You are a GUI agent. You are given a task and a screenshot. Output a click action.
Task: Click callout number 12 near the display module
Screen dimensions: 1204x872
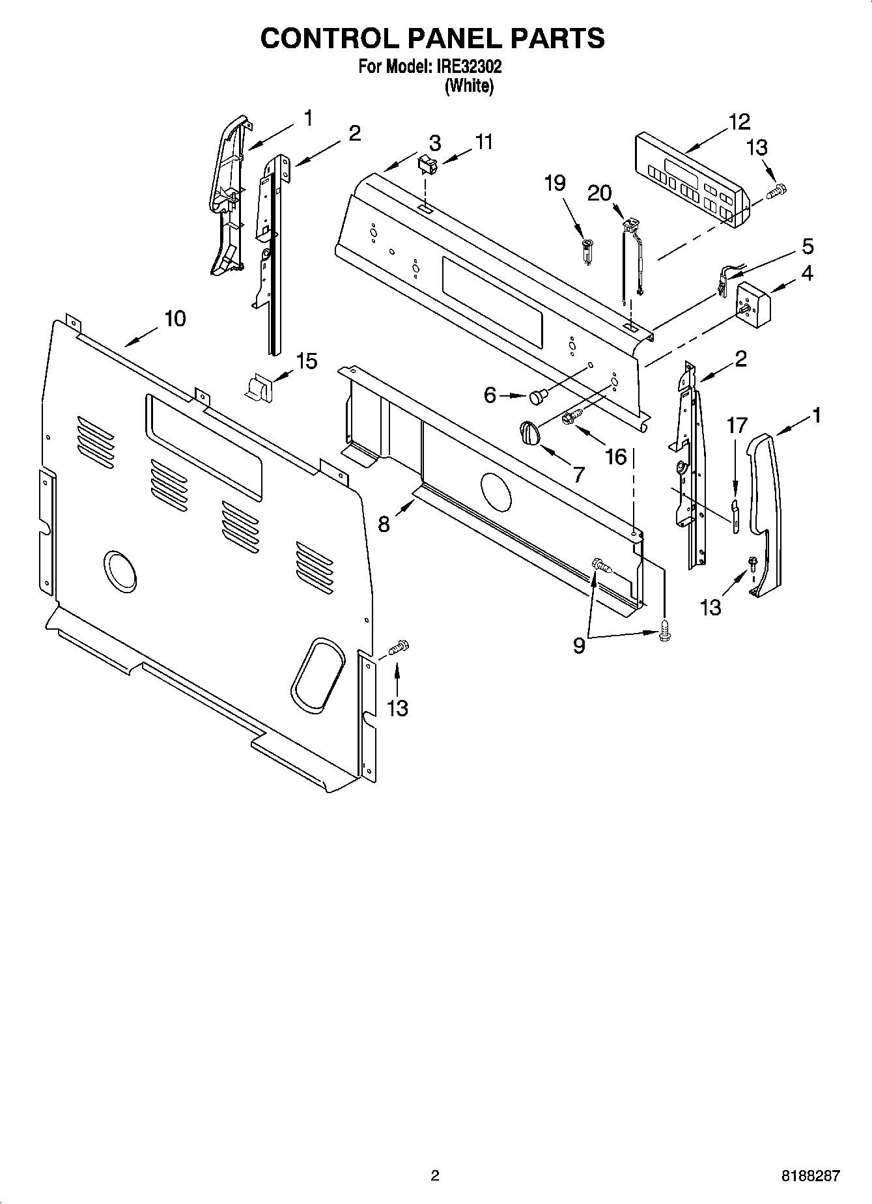(x=739, y=122)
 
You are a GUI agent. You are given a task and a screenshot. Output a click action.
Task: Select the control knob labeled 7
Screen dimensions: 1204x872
(x=530, y=433)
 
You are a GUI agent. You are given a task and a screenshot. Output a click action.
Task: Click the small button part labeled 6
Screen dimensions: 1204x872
(x=538, y=395)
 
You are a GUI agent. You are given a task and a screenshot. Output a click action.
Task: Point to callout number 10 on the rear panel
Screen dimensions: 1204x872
(x=175, y=319)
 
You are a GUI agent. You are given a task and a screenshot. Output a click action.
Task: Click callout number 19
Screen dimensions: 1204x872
(x=555, y=184)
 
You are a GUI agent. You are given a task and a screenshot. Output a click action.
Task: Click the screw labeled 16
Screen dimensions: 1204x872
(x=572, y=416)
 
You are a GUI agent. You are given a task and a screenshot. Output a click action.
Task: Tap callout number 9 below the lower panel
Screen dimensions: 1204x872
(x=578, y=646)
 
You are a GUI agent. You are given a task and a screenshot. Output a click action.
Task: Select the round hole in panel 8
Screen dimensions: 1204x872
(x=496, y=493)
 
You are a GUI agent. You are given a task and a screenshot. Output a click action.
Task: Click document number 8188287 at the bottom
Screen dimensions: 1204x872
(x=810, y=1176)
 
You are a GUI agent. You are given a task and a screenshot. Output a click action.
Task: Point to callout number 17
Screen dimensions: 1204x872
(x=737, y=427)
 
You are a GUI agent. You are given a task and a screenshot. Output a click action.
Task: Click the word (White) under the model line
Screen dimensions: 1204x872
(x=469, y=85)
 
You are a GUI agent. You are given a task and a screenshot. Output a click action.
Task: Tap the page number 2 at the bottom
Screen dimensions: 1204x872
(x=435, y=1176)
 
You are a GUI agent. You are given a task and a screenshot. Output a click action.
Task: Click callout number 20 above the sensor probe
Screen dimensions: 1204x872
(x=599, y=193)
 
